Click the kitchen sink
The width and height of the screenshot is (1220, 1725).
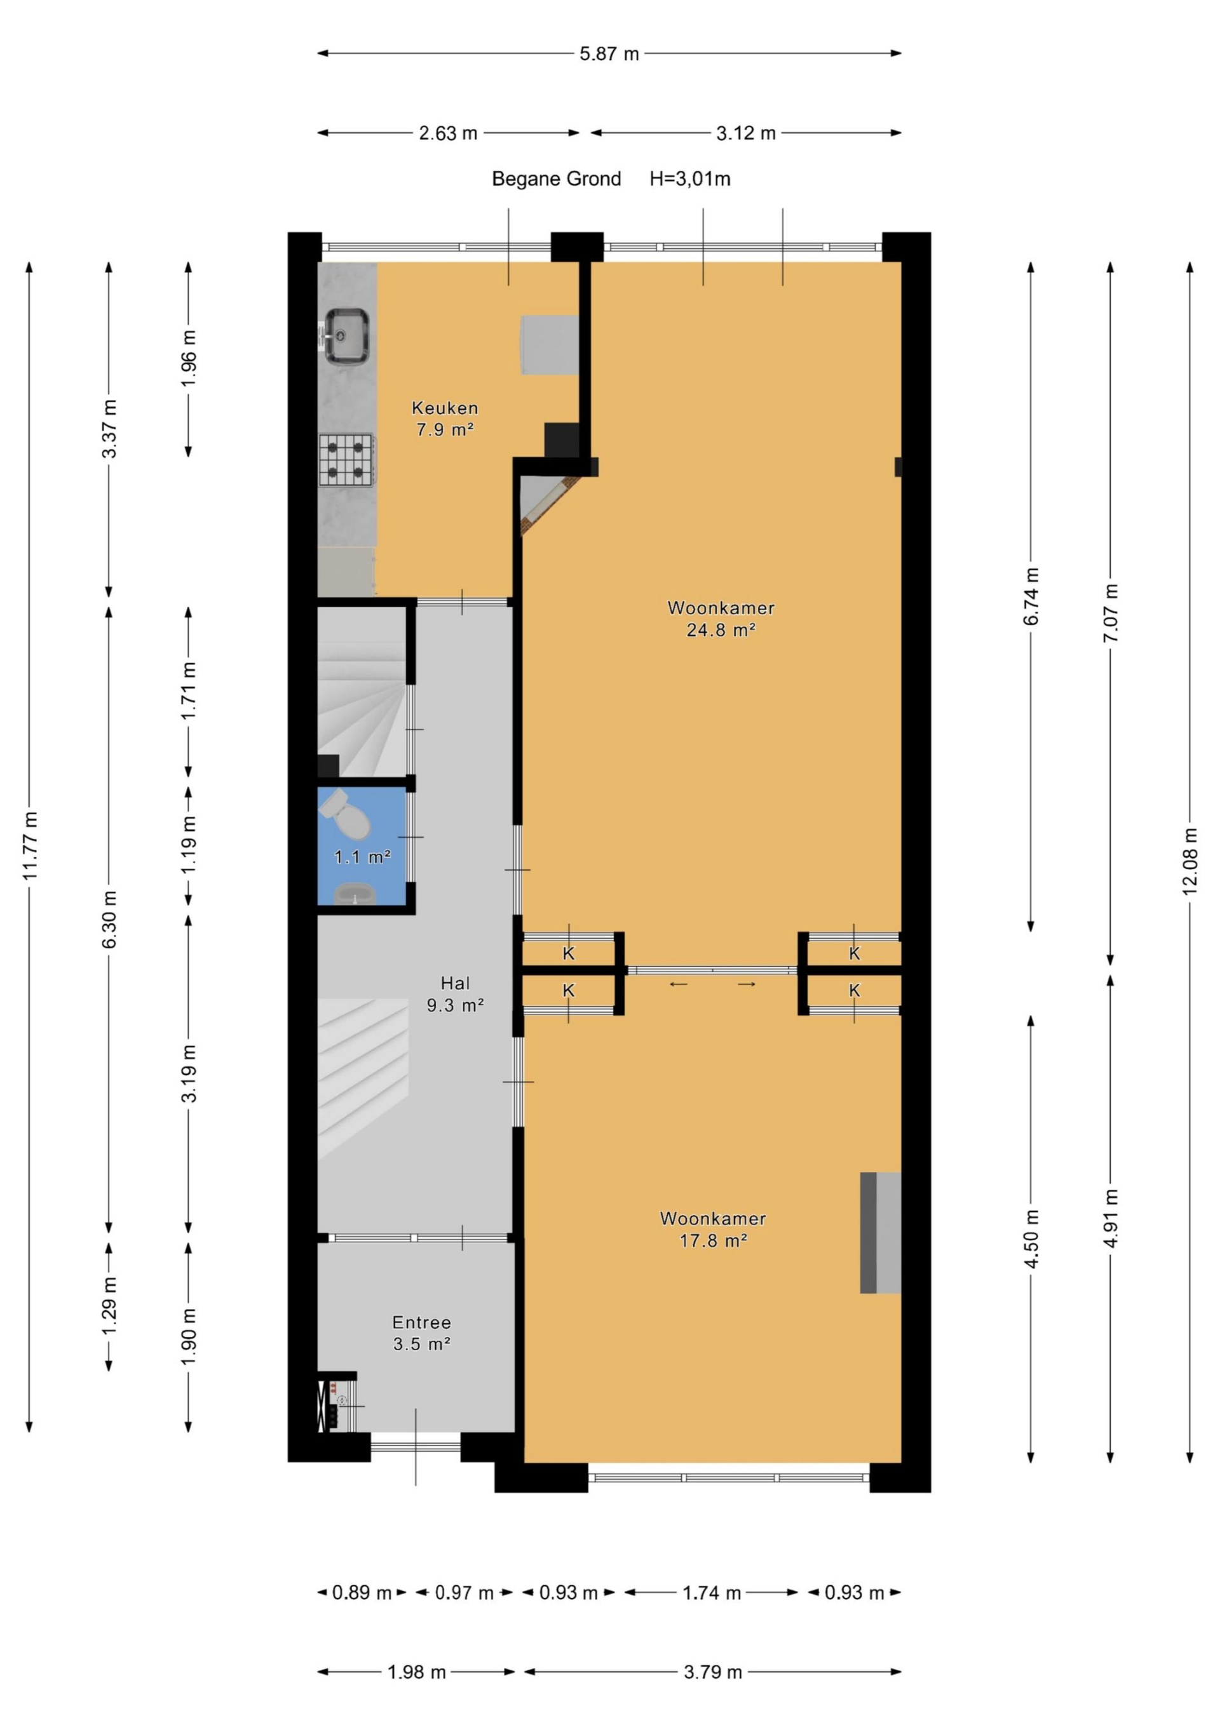click(x=346, y=336)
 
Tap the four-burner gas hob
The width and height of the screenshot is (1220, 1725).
click(x=346, y=459)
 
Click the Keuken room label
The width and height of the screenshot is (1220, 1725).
click(x=445, y=408)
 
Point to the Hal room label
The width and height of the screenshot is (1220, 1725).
click(x=456, y=983)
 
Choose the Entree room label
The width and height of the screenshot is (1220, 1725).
click(x=422, y=1322)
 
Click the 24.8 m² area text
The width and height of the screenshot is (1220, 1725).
click(x=720, y=629)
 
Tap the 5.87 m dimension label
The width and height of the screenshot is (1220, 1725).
click(x=609, y=54)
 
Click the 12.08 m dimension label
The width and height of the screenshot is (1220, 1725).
click(x=1190, y=861)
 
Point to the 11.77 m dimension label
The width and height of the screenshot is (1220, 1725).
click(x=30, y=845)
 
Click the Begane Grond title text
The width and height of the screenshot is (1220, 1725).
click(x=556, y=179)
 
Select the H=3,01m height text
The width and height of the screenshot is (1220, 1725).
click(x=690, y=179)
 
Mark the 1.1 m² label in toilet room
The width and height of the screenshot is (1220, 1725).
click(x=362, y=857)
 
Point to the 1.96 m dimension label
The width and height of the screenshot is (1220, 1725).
click(x=189, y=358)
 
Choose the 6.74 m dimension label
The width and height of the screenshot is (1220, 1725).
click(x=1031, y=596)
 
